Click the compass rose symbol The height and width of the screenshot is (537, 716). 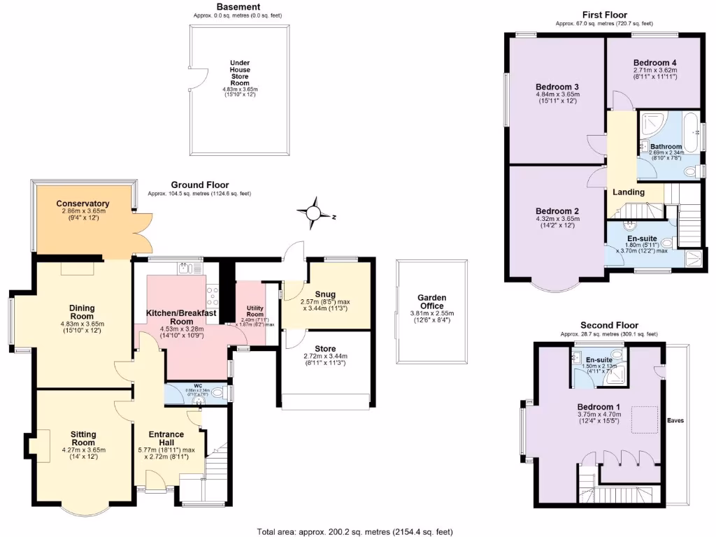pos(314,213)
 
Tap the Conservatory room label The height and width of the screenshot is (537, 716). pos(83,204)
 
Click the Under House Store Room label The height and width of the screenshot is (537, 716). pos(240,73)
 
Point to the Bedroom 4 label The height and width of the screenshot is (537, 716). pos(654,62)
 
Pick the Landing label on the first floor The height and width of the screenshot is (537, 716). pos(628,192)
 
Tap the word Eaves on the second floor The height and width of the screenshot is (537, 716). pos(675,421)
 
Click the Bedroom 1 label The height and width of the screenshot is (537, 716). pos(599,407)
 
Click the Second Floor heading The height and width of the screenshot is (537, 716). pos(609,326)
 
